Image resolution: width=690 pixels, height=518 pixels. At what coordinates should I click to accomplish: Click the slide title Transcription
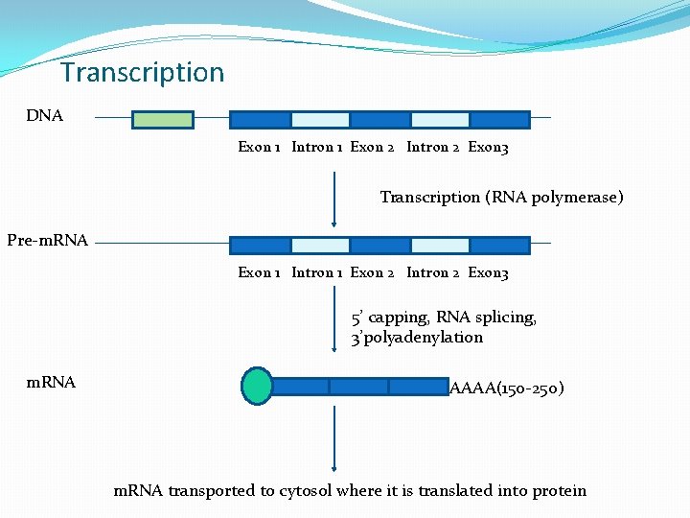[x=142, y=73]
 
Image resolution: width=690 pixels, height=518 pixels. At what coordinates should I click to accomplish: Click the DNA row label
[x=45, y=116]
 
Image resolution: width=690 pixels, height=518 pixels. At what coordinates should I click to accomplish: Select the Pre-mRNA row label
[x=48, y=240]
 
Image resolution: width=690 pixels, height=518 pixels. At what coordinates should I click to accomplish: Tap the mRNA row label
[x=51, y=383]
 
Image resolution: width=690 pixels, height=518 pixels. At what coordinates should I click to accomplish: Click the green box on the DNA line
[x=162, y=120]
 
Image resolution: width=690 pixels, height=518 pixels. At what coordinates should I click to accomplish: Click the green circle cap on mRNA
[x=257, y=386]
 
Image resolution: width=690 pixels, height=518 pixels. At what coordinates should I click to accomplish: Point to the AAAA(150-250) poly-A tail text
[x=506, y=388]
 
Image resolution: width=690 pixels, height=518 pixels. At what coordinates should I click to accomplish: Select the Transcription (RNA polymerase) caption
[x=501, y=197]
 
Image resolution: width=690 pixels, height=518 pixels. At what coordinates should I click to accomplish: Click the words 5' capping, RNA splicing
[x=444, y=318]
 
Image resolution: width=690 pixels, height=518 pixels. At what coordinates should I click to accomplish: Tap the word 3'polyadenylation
[x=417, y=338]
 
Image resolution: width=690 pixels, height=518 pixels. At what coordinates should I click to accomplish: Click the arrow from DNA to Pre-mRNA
[x=333, y=201]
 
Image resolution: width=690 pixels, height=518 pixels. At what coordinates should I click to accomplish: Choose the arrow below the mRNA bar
[x=333, y=437]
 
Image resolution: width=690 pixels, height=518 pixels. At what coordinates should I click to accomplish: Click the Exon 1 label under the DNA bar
[x=259, y=148]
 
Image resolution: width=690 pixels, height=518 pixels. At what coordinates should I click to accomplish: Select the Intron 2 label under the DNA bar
[x=433, y=148]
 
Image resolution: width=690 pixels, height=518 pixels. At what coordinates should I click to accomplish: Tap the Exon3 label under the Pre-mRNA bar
[x=488, y=273]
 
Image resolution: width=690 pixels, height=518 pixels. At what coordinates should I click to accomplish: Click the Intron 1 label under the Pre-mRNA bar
[x=316, y=273]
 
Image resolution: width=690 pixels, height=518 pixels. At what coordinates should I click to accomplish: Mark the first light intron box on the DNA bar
[x=320, y=120]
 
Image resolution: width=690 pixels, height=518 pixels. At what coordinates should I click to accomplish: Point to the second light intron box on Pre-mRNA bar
[x=440, y=245]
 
